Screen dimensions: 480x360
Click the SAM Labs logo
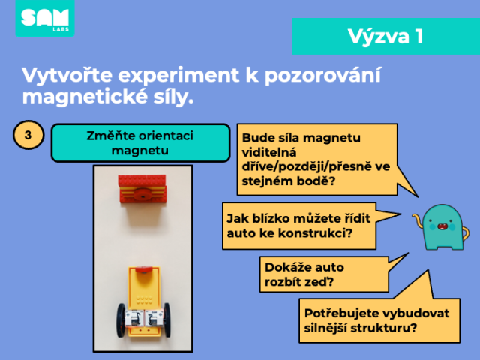click(x=45, y=19)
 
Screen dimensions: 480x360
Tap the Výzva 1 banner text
click(x=385, y=37)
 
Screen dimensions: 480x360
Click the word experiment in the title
click(x=178, y=75)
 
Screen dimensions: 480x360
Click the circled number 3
click(x=28, y=135)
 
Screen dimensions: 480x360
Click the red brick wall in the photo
click(x=142, y=190)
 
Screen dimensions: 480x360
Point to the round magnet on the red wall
click(x=142, y=194)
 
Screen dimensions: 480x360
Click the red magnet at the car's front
click(x=144, y=269)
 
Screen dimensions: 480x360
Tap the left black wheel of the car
click(x=121, y=320)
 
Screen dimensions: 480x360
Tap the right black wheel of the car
click(x=167, y=320)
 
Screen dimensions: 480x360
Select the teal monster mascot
click(x=441, y=227)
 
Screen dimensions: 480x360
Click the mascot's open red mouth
click(x=442, y=226)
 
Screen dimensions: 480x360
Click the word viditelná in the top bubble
click(x=269, y=152)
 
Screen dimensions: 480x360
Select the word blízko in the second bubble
click(x=270, y=218)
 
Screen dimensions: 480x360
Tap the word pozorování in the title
click(x=322, y=75)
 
